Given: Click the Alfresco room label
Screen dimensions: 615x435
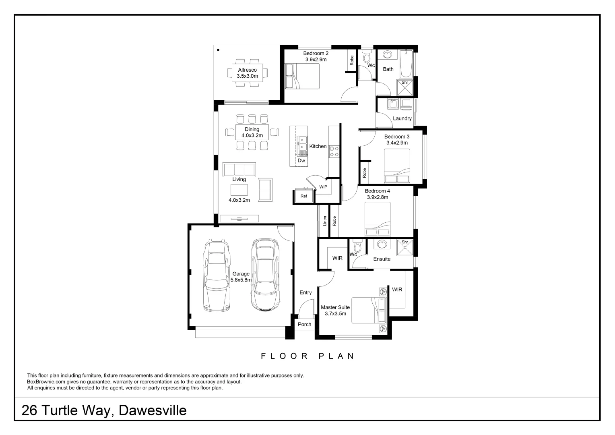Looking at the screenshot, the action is [248, 70].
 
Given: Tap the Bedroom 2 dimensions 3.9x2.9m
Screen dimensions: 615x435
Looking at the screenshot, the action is [316, 60].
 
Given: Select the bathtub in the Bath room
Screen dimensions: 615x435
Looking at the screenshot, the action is [406, 64].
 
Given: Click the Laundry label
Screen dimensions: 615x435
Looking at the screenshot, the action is [402, 118].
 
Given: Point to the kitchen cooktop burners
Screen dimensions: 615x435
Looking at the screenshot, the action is [334, 151].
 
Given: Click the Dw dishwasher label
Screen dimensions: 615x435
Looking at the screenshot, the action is [301, 161].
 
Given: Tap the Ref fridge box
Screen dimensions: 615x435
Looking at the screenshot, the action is [303, 196].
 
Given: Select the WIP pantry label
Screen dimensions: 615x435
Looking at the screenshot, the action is [323, 187].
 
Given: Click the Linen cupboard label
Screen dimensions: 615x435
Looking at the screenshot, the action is [325, 221].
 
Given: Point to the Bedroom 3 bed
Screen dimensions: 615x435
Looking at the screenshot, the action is [397, 166].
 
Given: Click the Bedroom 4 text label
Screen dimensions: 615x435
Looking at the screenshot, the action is [377, 191].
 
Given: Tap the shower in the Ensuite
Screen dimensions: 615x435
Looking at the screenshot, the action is [404, 248].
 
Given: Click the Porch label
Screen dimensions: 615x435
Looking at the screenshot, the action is [304, 325].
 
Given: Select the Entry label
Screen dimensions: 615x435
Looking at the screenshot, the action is [305, 293].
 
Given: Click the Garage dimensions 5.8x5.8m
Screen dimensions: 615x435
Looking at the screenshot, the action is [241, 280].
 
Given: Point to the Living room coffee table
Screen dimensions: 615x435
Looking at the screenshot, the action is [239, 190].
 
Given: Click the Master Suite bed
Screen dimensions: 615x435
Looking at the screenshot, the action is [369, 310].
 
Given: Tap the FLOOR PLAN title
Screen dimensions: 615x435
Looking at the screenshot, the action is [307, 356].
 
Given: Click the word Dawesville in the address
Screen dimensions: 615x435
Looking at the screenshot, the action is [153, 410].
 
